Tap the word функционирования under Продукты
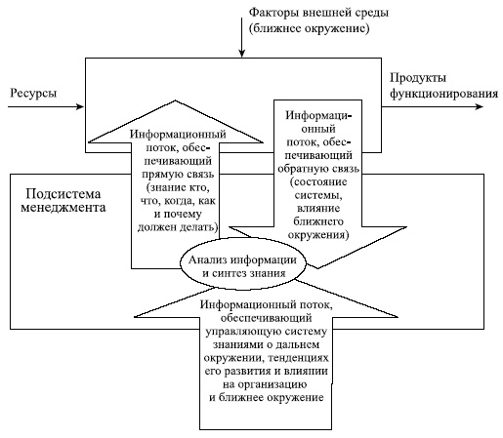pos(437,93)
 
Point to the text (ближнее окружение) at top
pos(309,29)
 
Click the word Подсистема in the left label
pos(61,192)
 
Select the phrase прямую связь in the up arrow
pos(173,173)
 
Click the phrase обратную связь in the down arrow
pos(326,168)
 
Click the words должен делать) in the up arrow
pos(174,227)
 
